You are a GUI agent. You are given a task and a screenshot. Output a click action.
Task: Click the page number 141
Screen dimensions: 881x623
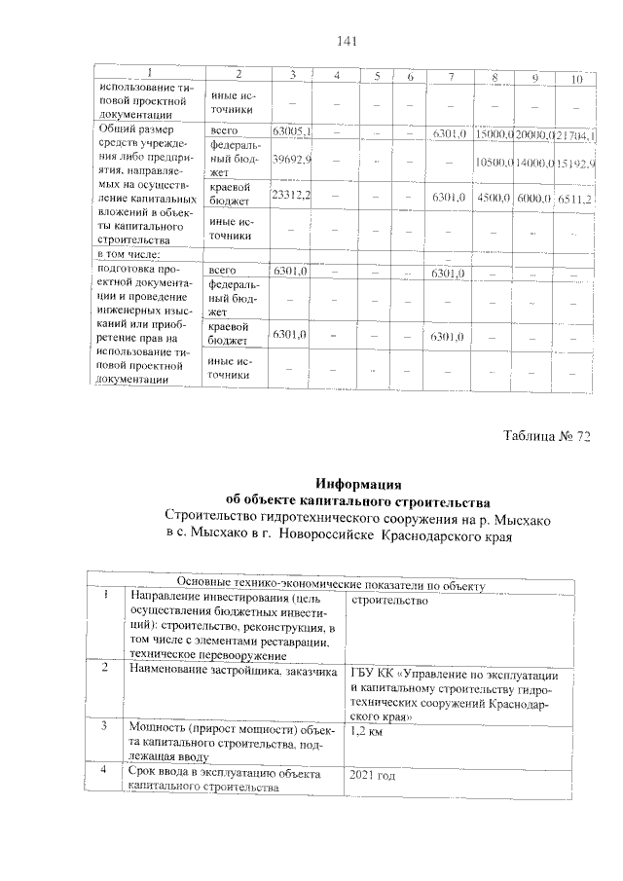(348, 41)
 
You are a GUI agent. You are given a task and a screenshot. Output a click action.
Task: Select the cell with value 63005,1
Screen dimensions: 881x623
(291, 131)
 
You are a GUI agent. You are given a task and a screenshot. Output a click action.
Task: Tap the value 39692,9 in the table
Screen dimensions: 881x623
(291, 158)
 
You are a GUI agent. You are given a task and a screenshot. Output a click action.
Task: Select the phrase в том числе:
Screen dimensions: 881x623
(130, 254)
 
